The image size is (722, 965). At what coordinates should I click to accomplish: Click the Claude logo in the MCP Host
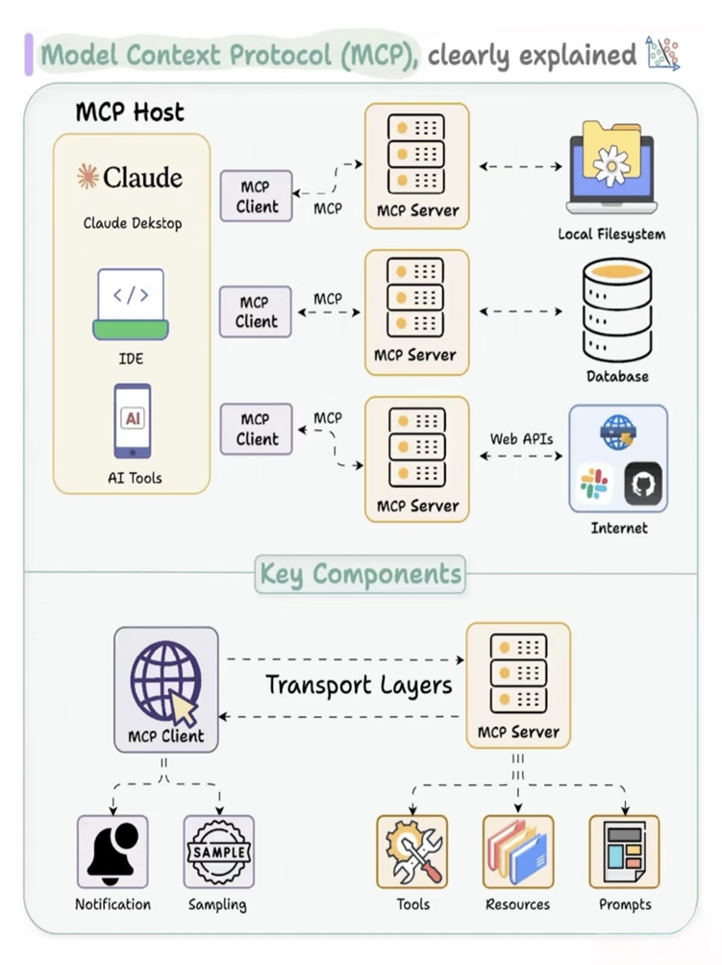(x=131, y=178)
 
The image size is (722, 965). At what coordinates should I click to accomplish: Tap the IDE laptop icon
(x=131, y=304)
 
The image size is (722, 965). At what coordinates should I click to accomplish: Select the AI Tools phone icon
(x=133, y=421)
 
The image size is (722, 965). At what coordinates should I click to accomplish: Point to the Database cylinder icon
(x=617, y=310)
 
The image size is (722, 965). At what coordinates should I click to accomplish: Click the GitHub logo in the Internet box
(x=643, y=483)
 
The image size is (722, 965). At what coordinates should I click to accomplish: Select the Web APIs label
(x=521, y=438)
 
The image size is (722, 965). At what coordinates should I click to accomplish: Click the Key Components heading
(x=361, y=575)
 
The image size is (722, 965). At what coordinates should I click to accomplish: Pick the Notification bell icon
(x=112, y=852)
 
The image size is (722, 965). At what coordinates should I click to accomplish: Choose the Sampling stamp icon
(x=218, y=852)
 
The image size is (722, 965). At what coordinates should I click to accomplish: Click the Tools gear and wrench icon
(x=412, y=852)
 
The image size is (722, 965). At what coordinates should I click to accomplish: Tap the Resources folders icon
(x=518, y=852)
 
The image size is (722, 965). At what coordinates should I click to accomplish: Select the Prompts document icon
(x=624, y=852)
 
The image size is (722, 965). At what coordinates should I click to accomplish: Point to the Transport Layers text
(x=359, y=685)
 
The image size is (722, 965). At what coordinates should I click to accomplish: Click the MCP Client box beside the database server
(x=256, y=312)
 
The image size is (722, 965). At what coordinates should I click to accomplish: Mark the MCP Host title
(x=130, y=111)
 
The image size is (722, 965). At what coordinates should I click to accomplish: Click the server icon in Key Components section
(x=518, y=673)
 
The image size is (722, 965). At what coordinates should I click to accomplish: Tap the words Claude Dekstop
(x=132, y=224)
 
